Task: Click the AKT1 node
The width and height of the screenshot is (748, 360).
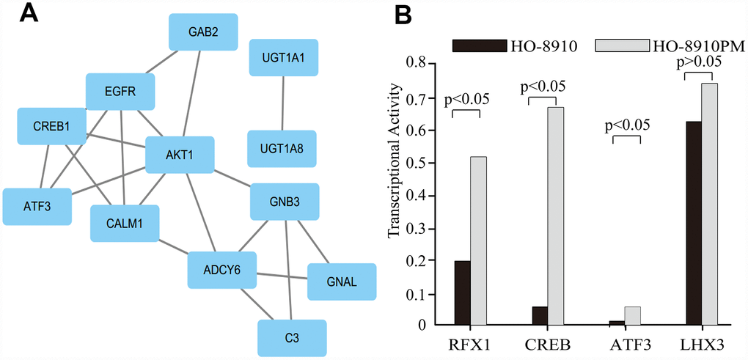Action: click(180, 155)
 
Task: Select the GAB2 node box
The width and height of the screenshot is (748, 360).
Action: click(203, 32)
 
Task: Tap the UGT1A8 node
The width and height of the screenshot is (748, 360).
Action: click(282, 149)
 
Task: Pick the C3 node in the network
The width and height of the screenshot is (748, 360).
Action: click(292, 338)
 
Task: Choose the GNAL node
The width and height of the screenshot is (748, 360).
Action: click(342, 282)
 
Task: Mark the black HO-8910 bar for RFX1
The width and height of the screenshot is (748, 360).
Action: click(462, 293)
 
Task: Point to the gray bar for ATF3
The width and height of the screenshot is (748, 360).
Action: click(632, 315)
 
